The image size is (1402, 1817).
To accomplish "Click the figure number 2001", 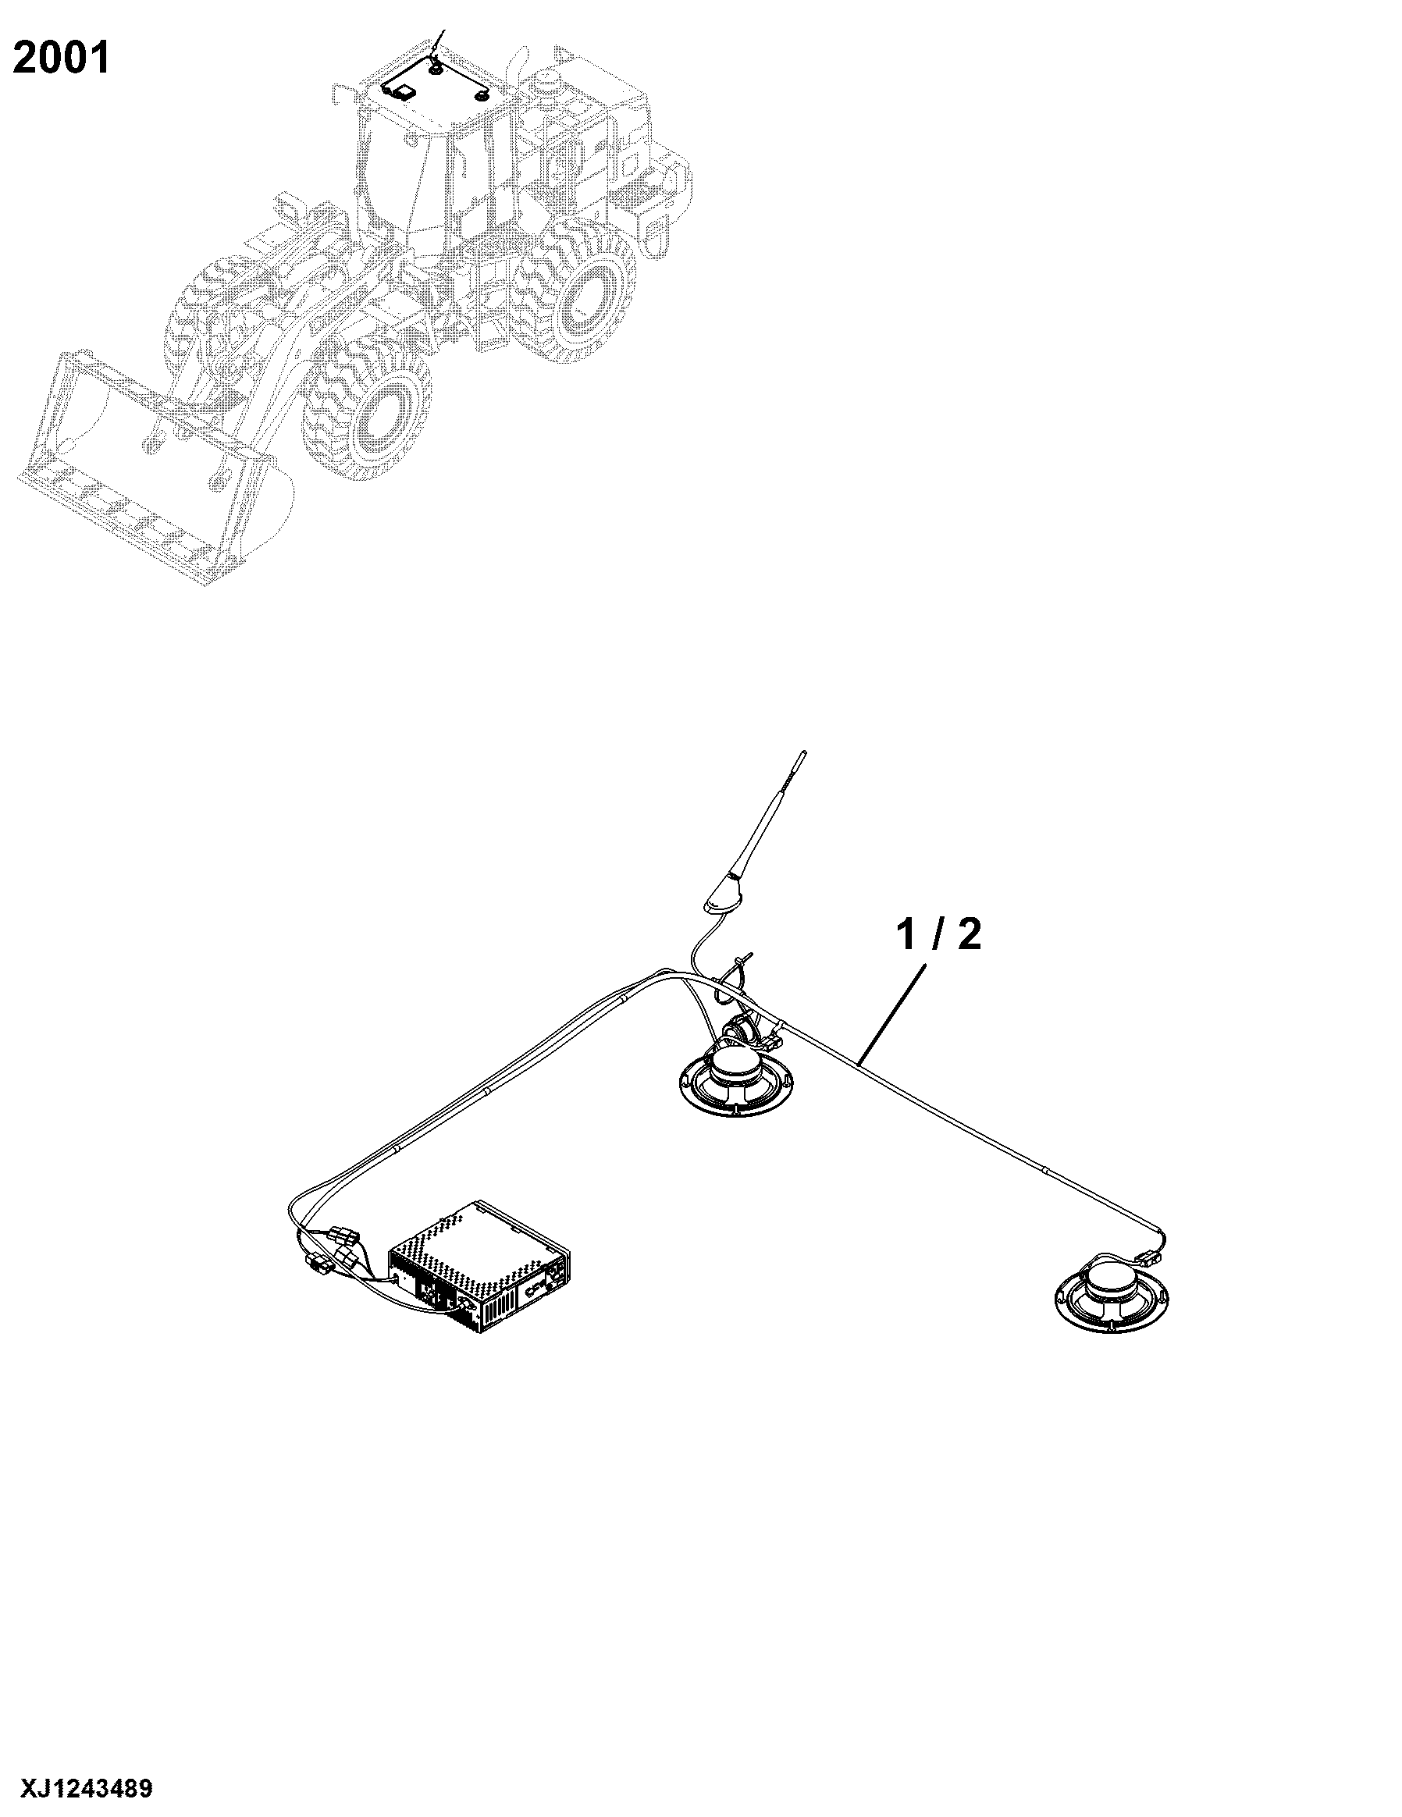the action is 62,59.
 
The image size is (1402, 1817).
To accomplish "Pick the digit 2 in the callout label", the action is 970,934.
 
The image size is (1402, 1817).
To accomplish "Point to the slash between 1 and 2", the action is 938,934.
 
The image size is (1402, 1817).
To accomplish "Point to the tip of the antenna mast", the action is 803,753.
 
